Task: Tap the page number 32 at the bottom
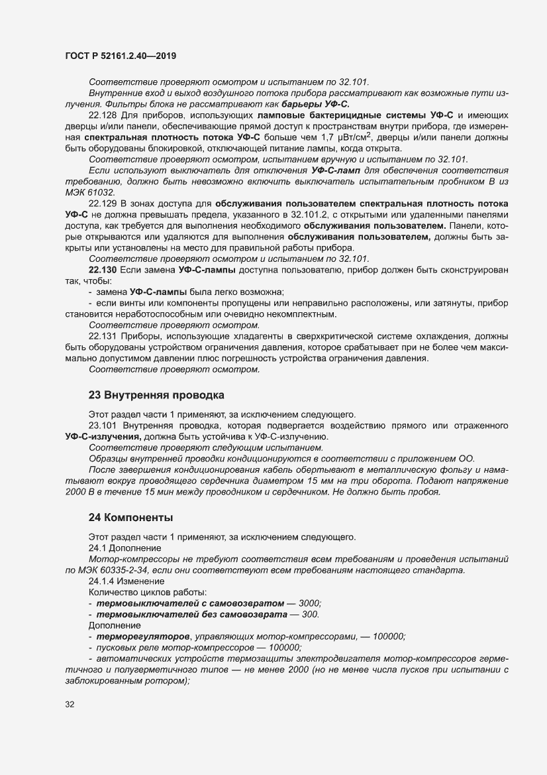70,704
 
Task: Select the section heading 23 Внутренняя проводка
156,395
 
